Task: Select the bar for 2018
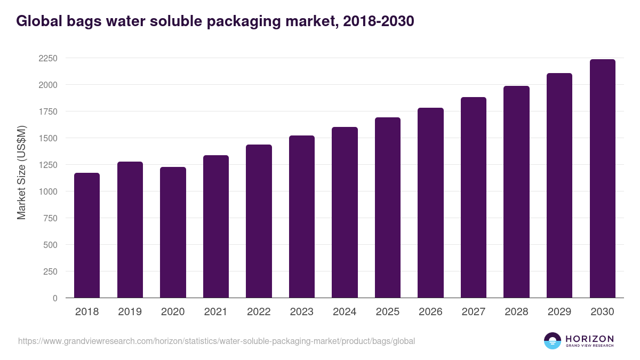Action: click(x=87, y=235)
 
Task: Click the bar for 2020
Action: click(x=173, y=233)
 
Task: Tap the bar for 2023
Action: click(x=302, y=217)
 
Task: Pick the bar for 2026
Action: click(x=430, y=203)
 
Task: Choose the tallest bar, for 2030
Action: click(x=602, y=179)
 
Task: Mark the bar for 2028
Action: click(x=516, y=192)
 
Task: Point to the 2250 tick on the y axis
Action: click(x=47, y=58)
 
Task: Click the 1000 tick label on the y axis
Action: click(x=47, y=191)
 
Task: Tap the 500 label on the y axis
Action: click(x=50, y=245)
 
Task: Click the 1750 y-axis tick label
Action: click(x=47, y=111)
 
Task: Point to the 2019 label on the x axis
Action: click(x=130, y=312)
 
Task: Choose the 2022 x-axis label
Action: click(x=259, y=312)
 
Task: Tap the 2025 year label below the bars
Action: click(x=387, y=312)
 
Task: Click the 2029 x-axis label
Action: click(x=559, y=312)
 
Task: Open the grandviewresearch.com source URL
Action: click(x=216, y=341)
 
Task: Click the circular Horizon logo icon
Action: click(x=552, y=341)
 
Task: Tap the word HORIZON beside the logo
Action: click(x=589, y=338)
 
